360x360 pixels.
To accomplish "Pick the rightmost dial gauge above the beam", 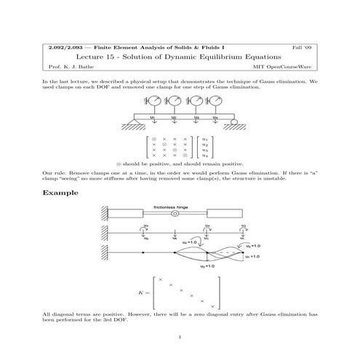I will coord(216,99).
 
